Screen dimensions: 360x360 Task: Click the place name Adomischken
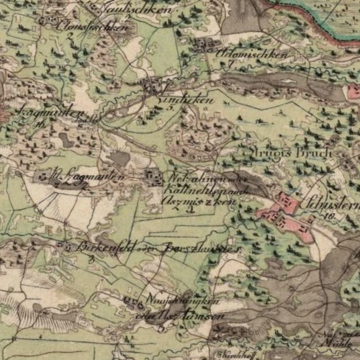[258, 54]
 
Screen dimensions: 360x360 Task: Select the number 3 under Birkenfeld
[92, 258]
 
